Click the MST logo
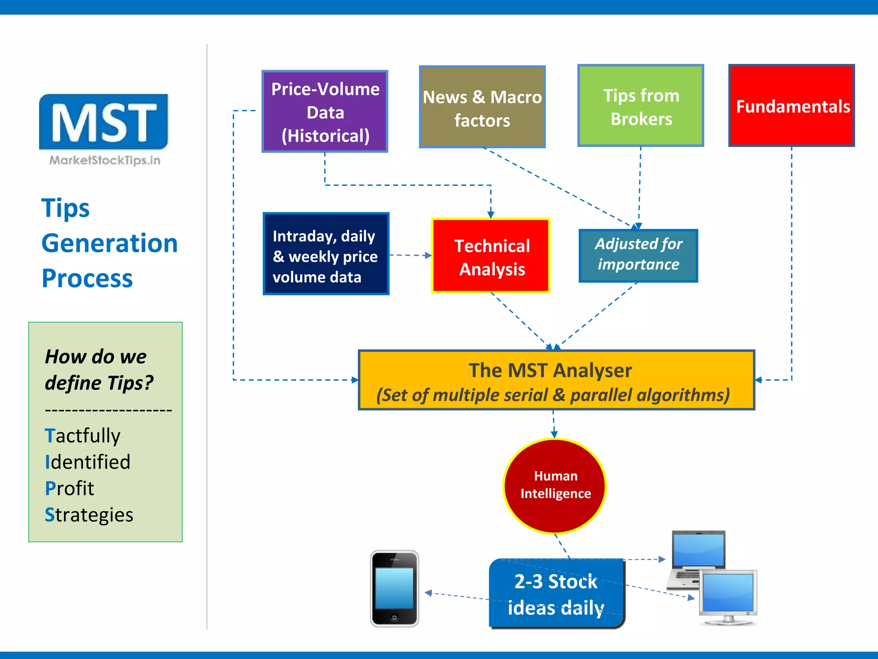[x=103, y=122]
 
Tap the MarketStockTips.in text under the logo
[x=105, y=160]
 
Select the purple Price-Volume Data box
[x=325, y=112]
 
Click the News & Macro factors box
[x=482, y=107]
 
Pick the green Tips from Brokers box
[x=640, y=106]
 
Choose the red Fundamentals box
[x=791, y=106]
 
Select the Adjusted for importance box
[x=638, y=255]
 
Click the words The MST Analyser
[x=550, y=370]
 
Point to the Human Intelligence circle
[x=554, y=486]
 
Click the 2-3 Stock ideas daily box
[x=556, y=594]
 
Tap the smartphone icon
[x=394, y=589]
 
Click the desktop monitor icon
[x=728, y=596]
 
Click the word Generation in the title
[x=109, y=243]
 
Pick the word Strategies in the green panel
[x=89, y=514]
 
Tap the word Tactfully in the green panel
[x=83, y=435]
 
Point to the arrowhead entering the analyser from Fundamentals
[x=758, y=380]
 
